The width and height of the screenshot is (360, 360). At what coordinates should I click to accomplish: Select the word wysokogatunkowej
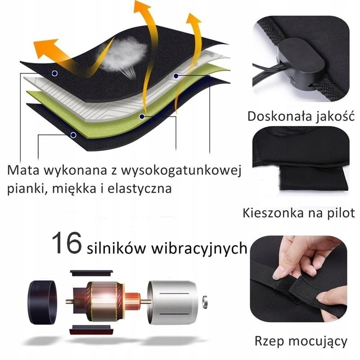tap(181, 171)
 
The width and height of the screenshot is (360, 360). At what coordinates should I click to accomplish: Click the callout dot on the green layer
tap(142, 117)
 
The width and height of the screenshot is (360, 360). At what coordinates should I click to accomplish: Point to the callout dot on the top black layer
tap(54, 73)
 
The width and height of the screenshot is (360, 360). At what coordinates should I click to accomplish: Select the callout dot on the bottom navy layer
tap(73, 135)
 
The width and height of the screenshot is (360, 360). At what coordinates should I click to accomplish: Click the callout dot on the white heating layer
tap(176, 76)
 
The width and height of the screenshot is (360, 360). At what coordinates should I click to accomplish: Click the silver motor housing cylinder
tap(172, 302)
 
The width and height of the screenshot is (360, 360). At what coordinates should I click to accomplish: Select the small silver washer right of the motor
tap(205, 301)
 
